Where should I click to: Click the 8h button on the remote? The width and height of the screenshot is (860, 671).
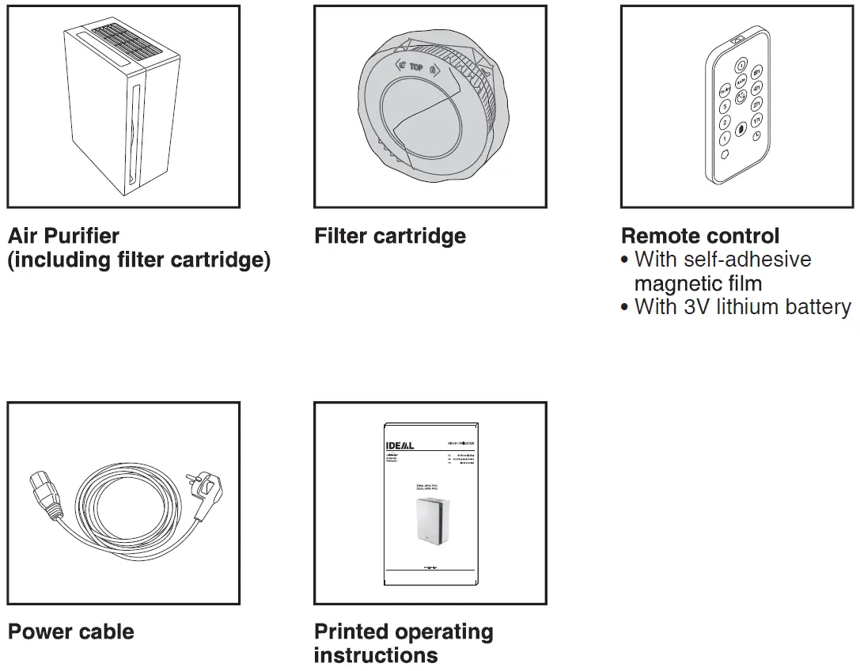click(757, 73)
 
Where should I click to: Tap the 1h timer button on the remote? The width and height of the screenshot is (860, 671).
click(757, 119)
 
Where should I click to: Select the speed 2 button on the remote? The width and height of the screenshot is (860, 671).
click(724, 123)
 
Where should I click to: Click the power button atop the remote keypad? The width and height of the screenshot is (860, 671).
click(741, 66)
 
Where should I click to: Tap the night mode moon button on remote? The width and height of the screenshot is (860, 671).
click(741, 97)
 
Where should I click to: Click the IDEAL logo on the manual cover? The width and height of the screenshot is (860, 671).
click(400, 445)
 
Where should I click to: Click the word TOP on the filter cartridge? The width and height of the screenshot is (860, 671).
click(416, 68)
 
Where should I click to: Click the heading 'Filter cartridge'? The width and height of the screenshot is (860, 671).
click(390, 236)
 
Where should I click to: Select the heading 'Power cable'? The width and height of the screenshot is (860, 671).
click(71, 631)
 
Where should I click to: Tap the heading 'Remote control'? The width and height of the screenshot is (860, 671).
click(700, 236)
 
